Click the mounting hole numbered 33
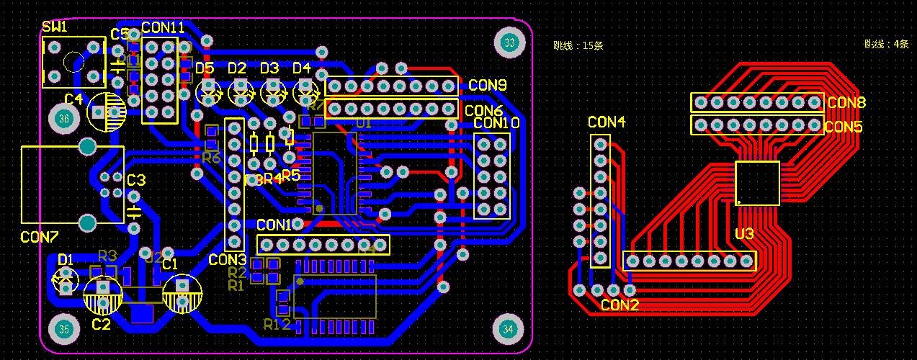point(510,43)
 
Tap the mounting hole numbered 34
point(509,329)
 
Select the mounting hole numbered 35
point(64,330)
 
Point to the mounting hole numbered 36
point(64,119)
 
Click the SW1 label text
point(54,27)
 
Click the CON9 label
point(488,85)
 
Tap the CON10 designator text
point(496,123)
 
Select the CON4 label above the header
point(606,122)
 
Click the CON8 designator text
point(846,102)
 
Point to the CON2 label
point(619,305)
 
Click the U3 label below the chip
point(744,234)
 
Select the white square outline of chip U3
point(757,183)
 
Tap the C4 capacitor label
point(73,99)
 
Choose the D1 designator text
point(66,258)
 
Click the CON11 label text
point(163,27)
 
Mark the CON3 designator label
point(228,259)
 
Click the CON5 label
point(844,127)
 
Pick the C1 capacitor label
point(170,264)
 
